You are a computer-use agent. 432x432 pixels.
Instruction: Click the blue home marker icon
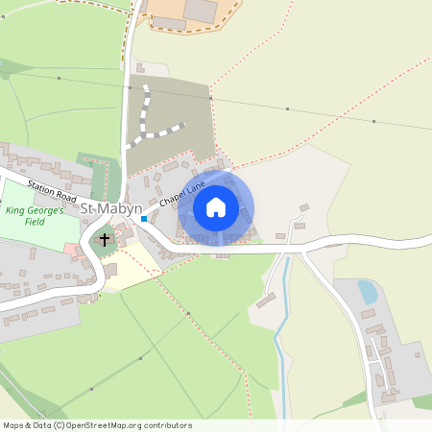pyautogui.click(x=216, y=206)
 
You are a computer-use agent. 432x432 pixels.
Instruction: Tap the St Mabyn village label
pyautogui.click(x=110, y=208)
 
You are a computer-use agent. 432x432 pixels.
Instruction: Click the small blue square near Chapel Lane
pyautogui.click(x=144, y=219)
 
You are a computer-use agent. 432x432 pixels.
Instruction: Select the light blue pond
pyautogui.click(x=367, y=291)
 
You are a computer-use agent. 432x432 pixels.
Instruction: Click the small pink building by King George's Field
pyautogui.click(x=70, y=250)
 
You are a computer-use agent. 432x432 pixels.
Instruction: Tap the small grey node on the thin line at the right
pyautogui.click(x=372, y=122)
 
